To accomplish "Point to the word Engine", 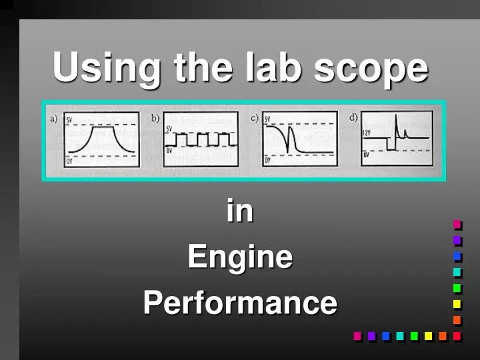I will click(240, 257).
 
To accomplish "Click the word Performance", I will click(240, 303).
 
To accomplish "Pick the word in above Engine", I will click(240, 211).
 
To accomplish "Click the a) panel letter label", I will click(54, 118).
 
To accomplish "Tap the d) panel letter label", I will click(353, 118).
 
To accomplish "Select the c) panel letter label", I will click(254, 118).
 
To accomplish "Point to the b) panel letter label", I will click(155, 118).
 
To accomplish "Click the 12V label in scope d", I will click(367, 133).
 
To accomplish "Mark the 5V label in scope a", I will click(69, 120).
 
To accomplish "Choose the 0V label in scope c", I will click(267, 161).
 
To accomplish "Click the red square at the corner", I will click(457, 336).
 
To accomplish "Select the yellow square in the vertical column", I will click(457, 304).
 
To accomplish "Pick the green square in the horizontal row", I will click(414, 336).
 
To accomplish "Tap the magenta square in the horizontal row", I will click(357, 336).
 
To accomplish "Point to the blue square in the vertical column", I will click(457, 256).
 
